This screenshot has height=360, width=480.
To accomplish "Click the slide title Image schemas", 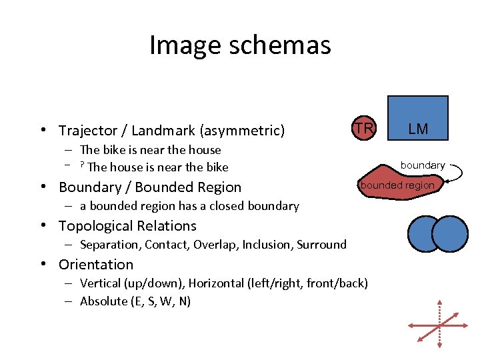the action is coord(240,45).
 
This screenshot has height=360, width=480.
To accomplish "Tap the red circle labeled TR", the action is coord(363,128).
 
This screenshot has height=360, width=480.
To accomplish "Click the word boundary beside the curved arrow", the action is coord(422,165).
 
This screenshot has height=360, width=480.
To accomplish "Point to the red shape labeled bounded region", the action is coord(397,185).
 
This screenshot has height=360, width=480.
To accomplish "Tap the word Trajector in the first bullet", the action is coord(85,131).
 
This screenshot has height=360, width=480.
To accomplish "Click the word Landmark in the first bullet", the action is coord(161,131).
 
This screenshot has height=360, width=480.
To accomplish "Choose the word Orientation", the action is coord(96,265).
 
